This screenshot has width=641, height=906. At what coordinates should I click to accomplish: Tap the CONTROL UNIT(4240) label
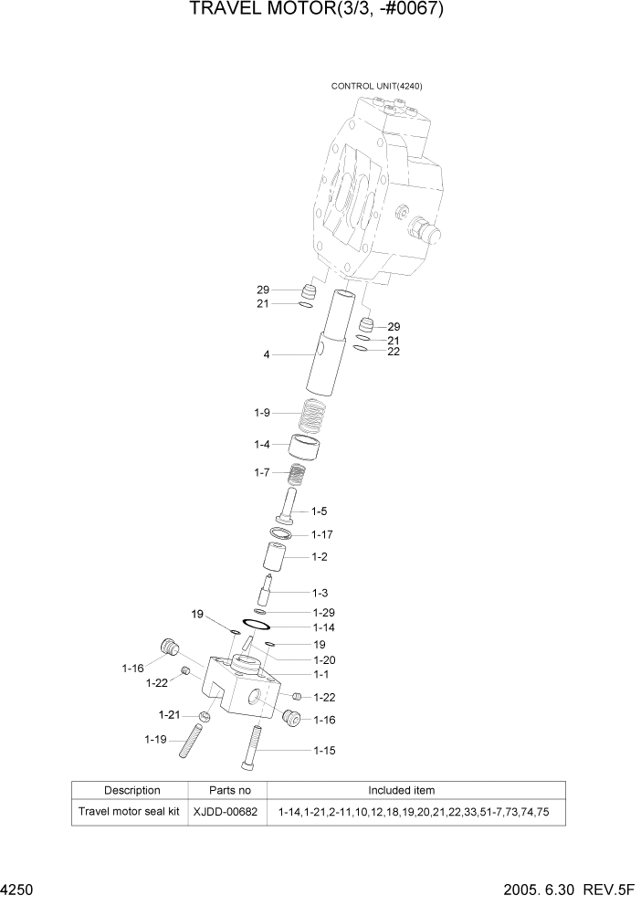(376, 86)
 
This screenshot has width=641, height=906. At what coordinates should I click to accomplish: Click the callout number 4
(267, 354)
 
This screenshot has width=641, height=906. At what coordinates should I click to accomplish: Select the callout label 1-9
(262, 413)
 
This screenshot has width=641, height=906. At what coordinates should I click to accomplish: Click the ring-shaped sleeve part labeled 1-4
(305, 448)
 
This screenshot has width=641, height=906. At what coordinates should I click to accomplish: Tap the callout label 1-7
(262, 472)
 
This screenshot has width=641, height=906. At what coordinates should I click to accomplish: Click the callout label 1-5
(320, 511)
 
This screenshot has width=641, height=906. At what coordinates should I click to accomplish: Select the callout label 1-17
(322, 534)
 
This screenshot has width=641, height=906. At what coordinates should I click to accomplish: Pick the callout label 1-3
(320, 593)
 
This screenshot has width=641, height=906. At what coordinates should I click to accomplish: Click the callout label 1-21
(168, 713)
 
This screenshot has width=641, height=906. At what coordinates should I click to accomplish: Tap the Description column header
(131, 790)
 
